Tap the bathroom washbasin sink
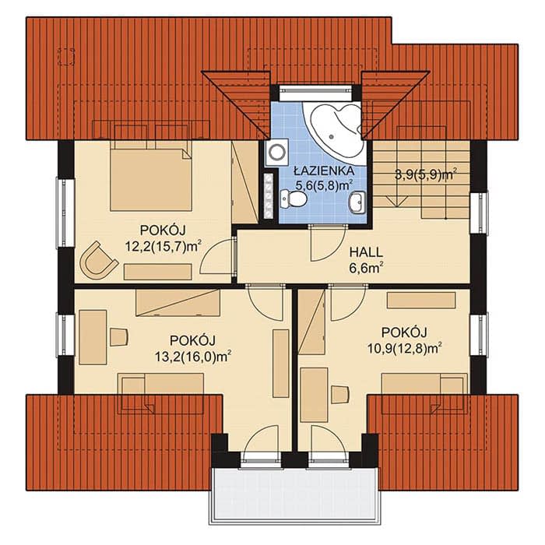point(357,202)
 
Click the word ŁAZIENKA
point(324,171)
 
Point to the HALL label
point(366,252)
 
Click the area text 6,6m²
point(367,268)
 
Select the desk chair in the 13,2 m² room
point(119,337)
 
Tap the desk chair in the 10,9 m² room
point(339,395)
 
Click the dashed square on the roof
point(67,57)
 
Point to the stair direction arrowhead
point(397,202)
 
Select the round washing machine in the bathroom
point(277,152)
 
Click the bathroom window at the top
point(316,90)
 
